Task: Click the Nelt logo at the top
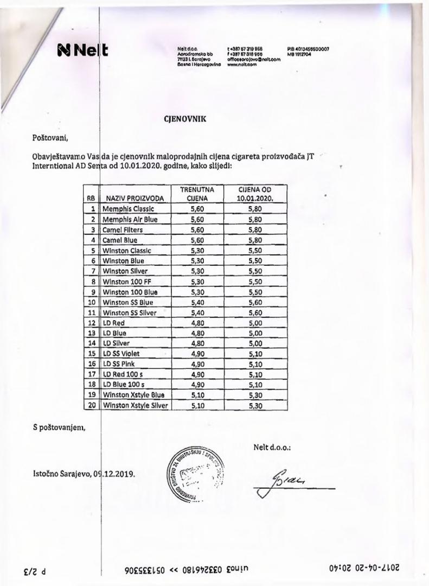(82, 52)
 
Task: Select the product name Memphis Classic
(129, 209)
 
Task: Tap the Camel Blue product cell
(120, 240)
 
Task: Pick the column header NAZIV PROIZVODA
(135, 199)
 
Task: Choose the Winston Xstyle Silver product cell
(135, 405)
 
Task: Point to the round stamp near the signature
(195, 472)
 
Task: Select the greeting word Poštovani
(52, 137)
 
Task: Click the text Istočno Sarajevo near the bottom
(63, 473)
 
